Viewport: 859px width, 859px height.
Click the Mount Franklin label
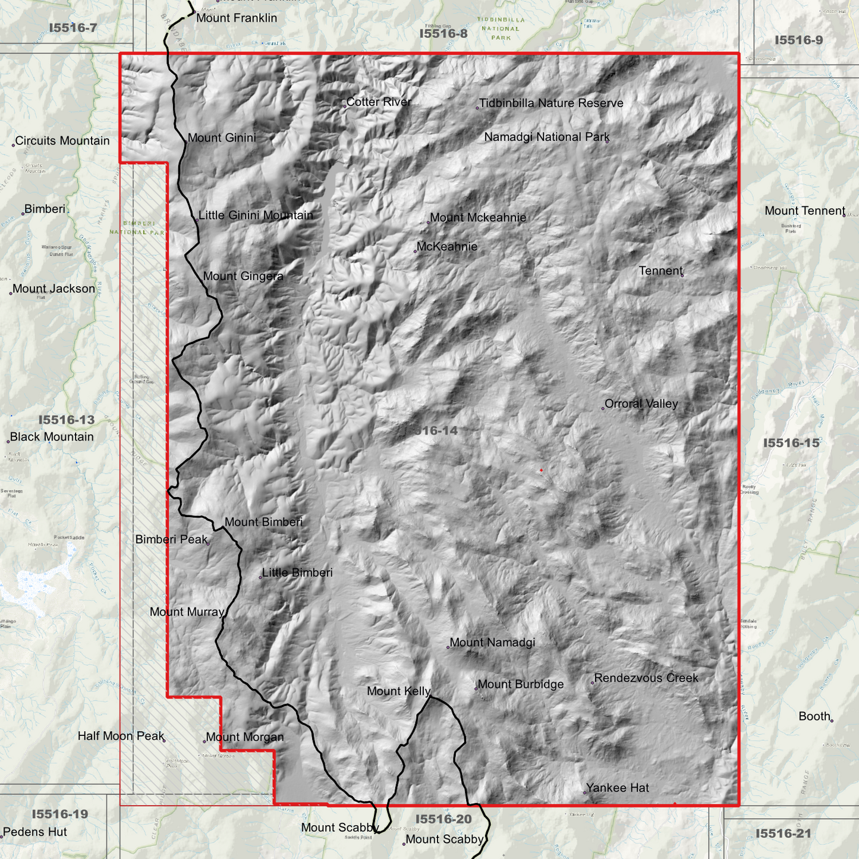[237, 18]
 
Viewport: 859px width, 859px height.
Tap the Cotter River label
[379, 102]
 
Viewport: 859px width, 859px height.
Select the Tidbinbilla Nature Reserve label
[551, 103]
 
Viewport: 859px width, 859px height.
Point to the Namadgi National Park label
[547, 137]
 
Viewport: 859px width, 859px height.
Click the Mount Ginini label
[222, 137]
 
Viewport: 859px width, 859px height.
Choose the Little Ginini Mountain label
[256, 215]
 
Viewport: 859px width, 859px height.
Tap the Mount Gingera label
[243, 276]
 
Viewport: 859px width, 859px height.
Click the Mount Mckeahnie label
[478, 218]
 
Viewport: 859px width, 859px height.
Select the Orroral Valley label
[641, 404]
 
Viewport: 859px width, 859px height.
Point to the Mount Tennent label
[805, 210]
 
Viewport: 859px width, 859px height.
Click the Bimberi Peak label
[172, 539]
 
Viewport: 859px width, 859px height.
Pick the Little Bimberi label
[297, 572]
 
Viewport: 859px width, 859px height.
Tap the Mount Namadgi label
[492, 642]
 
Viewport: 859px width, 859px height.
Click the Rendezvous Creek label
[646, 678]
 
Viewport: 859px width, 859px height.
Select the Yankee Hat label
[618, 788]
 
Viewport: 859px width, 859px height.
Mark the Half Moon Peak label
[121, 736]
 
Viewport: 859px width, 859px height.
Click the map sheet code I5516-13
[67, 420]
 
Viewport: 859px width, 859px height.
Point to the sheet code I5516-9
[798, 40]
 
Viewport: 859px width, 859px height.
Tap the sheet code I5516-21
[783, 833]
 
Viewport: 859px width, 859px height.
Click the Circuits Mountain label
[62, 141]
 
